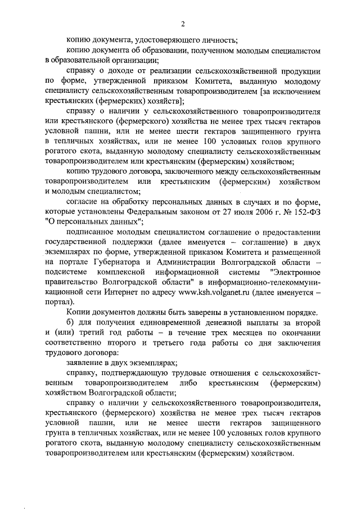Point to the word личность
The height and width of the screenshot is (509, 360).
[x=219, y=39]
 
